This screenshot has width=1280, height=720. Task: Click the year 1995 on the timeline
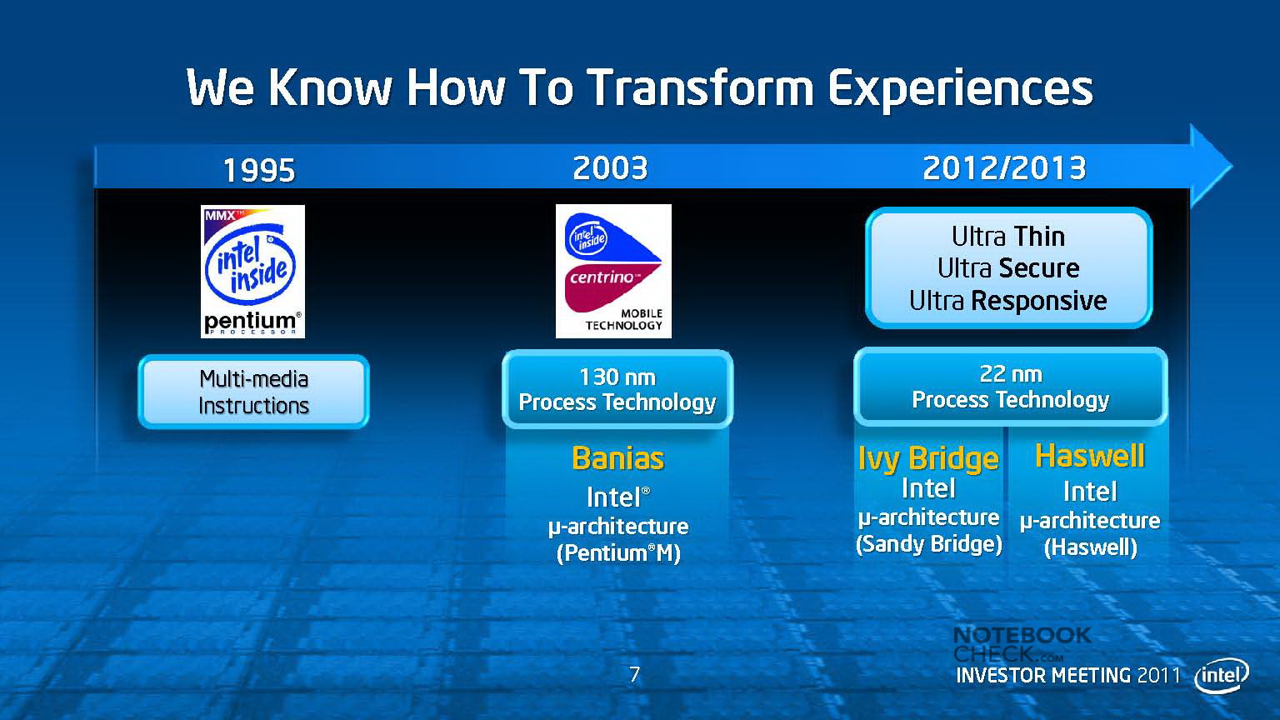pyautogui.click(x=259, y=170)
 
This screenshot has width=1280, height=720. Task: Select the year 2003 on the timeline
pyautogui.click(x=610, y=168)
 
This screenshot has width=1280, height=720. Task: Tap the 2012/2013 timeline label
pyautogui.click(x=1004, y=168)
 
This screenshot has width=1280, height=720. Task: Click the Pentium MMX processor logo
pyautogui.click(x=252, y=272)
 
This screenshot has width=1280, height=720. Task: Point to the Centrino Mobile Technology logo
pyautogui.click(x=613, y=272)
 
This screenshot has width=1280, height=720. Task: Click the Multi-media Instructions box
pyautogui.click(x=253, y=392)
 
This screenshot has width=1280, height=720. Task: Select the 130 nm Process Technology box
pyautogui.click(x=617, y=390)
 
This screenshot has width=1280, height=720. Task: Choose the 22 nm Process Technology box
pyautogui.click(x=1010, y=387)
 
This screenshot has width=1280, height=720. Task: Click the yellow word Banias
pyautogui.click(x=617, y=458)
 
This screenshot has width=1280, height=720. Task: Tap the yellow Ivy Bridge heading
pyautogui.click(x=928, y=459)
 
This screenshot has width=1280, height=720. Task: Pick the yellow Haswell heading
pyautogui.click(x=1090, y=456)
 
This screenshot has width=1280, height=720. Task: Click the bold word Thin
pyautogui.click(x=1039, y=237)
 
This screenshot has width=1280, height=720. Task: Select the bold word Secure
pyautogui.click(x=1039, y=268)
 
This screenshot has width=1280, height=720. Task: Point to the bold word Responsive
pyautogui.click(x=1039, y=301)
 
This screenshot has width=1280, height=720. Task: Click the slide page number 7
pyautogui.click(x=634, y=675)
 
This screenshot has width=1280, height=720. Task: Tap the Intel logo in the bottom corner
pyautogui.click(x=1222, y=676)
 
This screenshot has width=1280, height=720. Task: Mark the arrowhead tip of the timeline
pyautogui.click(x=1232, y=167)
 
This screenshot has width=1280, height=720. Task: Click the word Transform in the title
pyautogui.click(x=701, y=88)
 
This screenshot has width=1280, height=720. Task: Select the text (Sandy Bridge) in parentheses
pyautogui.click(x=929, y=544)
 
